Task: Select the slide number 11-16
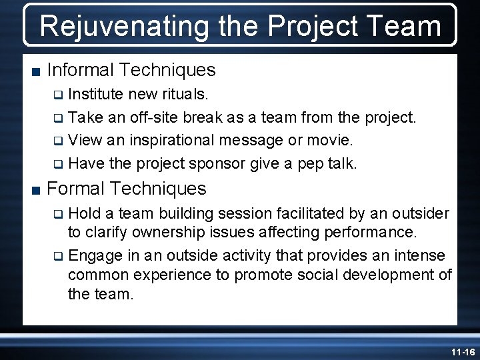(x=462, y=351)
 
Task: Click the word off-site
(x=151, y=117)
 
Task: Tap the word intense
(x=422, y=255)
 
